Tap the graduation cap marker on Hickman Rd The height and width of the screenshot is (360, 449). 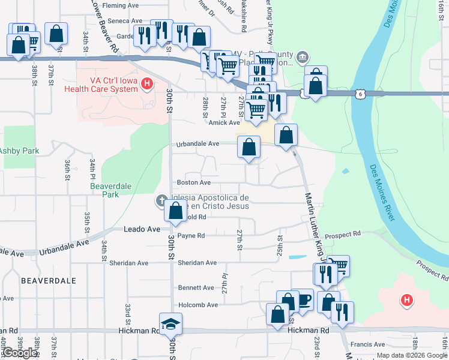coord(170,325)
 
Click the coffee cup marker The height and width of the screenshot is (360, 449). coord(304,299)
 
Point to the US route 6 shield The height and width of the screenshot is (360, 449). coord(359,94)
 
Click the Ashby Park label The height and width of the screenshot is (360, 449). coord(19,151)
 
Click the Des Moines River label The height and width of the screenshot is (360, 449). coord(382,192)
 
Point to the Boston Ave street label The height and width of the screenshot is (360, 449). coord(193,182)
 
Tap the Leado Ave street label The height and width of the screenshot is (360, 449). coord(142,229)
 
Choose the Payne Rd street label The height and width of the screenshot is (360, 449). coord(191,236)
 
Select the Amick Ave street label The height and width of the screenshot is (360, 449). coord(224,122)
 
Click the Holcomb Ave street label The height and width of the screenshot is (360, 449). coord(197,305)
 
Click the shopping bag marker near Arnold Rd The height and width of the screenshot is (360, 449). coord(176,211)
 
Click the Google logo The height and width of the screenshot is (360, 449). coord(20,353)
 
